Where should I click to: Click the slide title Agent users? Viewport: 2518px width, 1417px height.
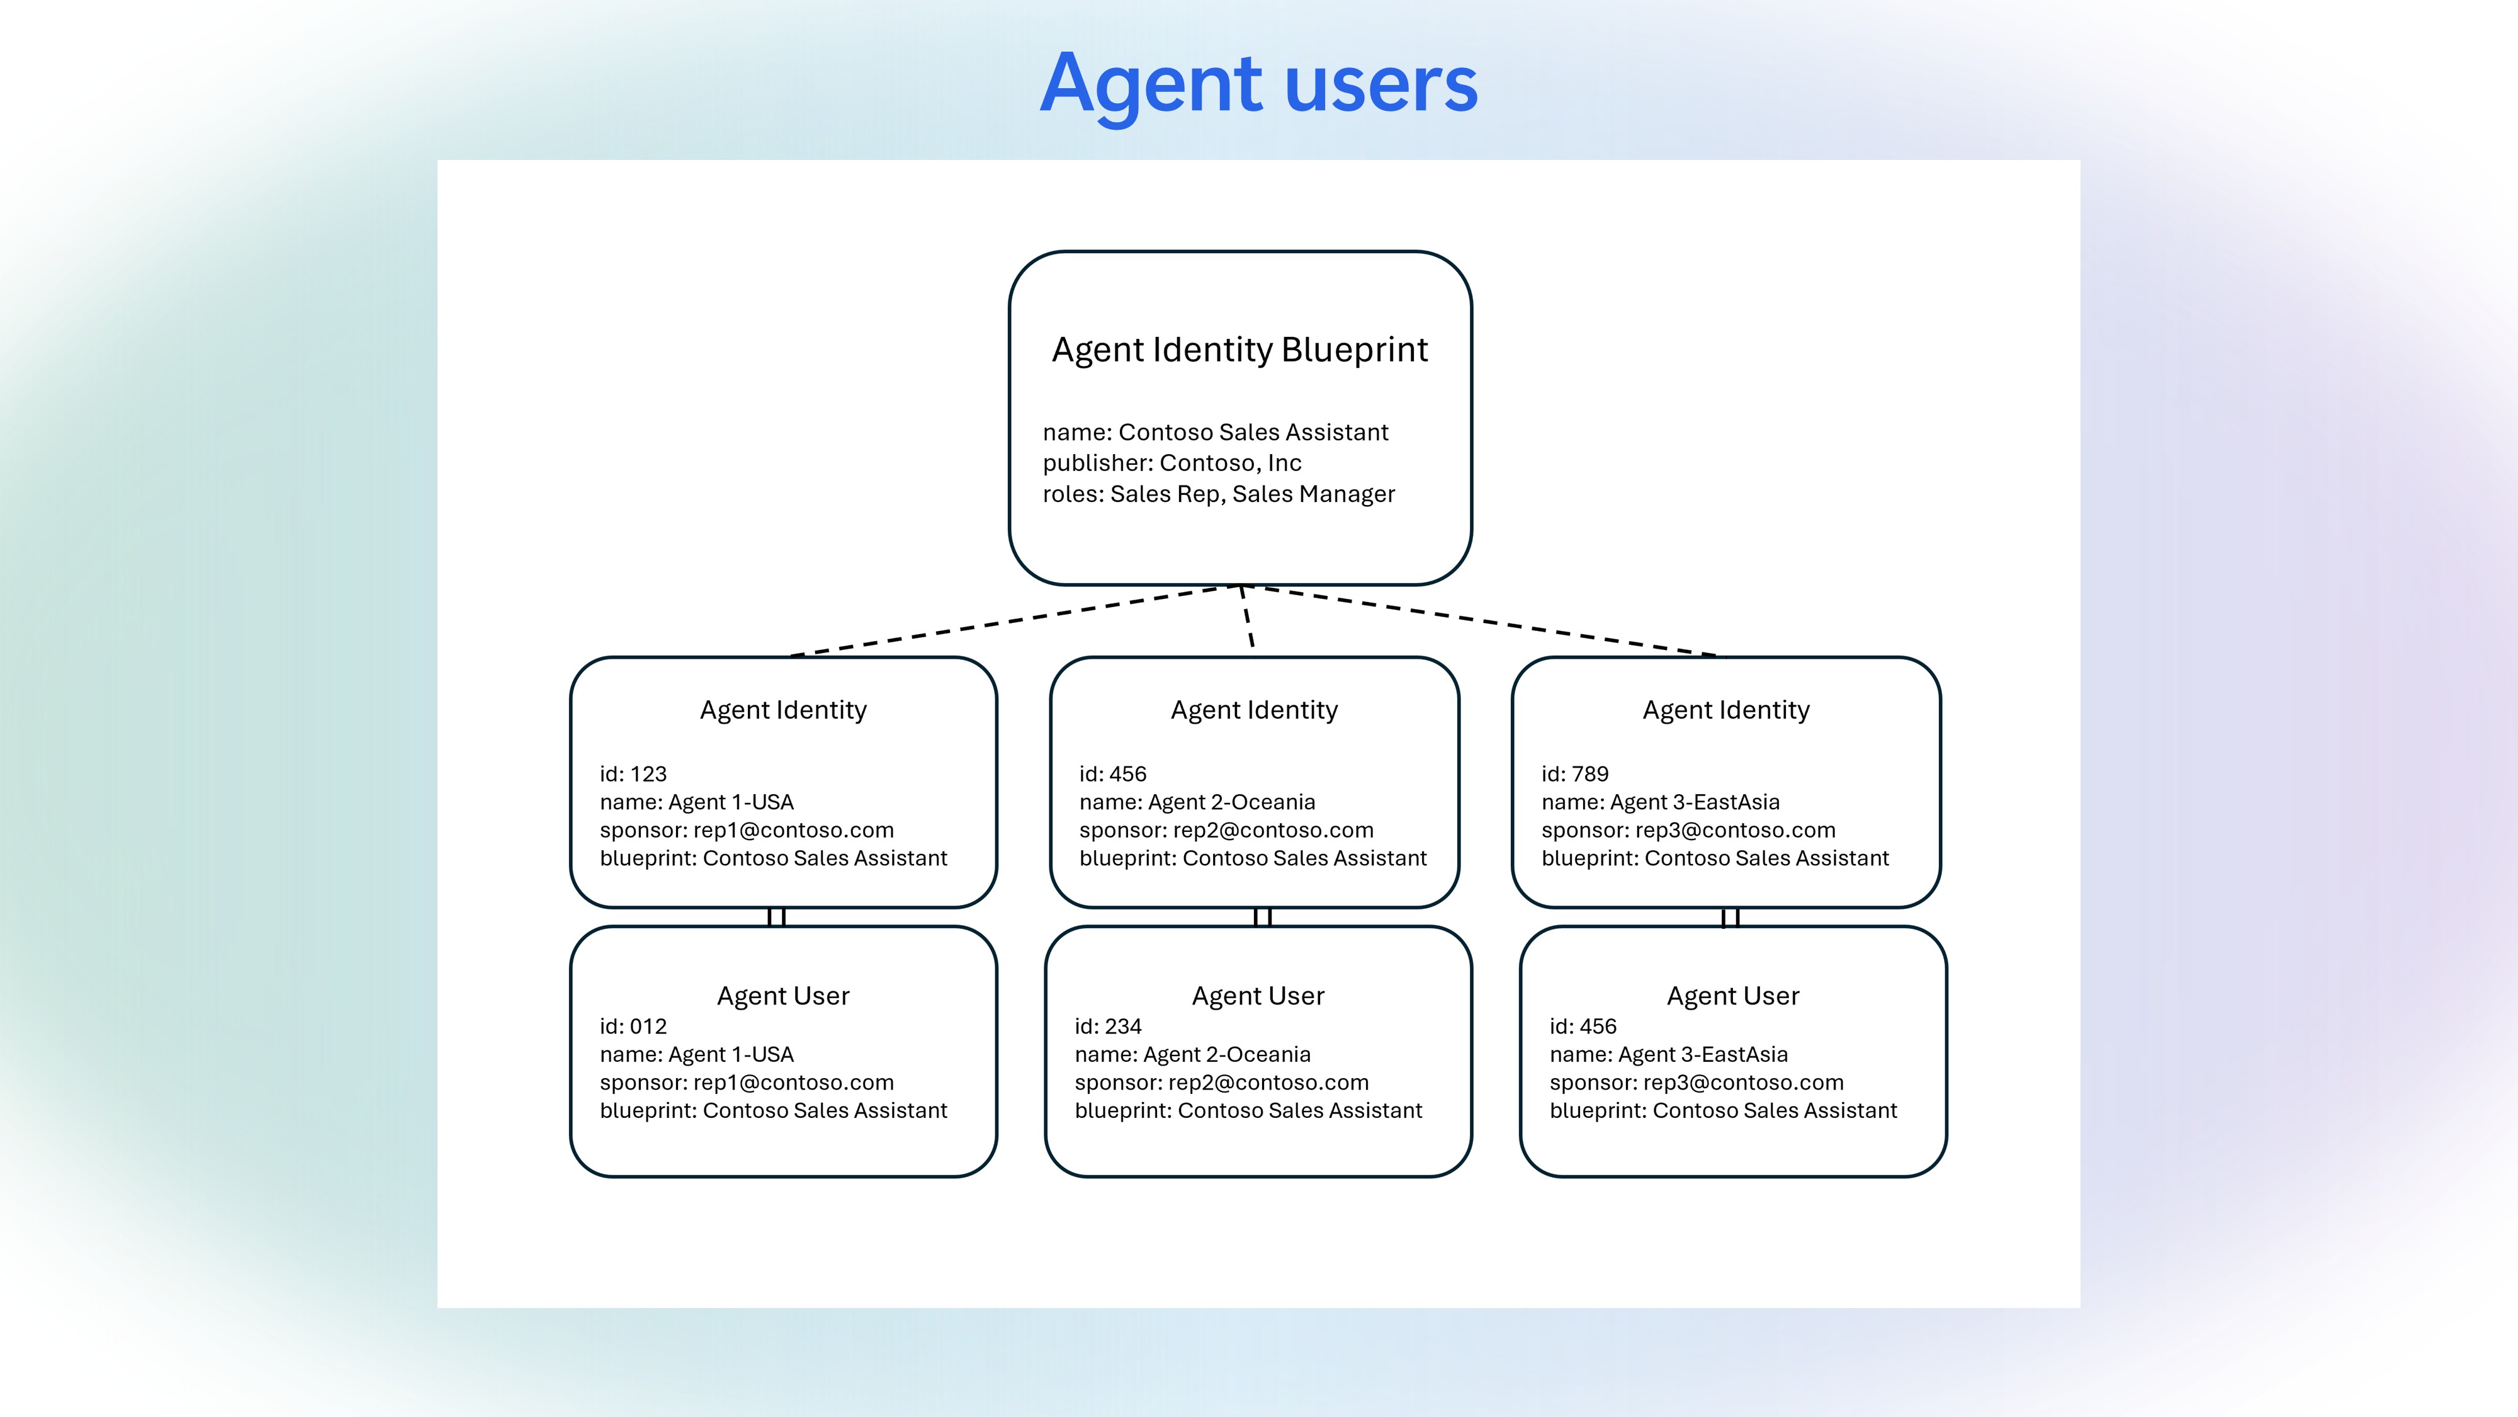click(x=1258, y=84)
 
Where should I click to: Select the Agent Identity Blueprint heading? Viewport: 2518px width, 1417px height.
click(x=1239, y=350)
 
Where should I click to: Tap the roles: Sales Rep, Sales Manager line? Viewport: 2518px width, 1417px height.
click(x=1218, y=494)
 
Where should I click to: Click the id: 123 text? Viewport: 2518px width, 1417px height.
click(x=633, y=775)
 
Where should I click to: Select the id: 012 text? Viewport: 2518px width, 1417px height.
click(x=633, y=1027)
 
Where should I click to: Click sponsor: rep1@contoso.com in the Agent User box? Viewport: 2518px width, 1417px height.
click(x=746, y=1083)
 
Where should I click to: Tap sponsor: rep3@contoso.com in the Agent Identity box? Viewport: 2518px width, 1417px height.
click(x=1688, y=830)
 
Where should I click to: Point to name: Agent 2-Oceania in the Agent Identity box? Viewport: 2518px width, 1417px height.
click(x=1197, y=802)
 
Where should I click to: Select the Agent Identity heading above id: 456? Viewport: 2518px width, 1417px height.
click(x=1254, y=710)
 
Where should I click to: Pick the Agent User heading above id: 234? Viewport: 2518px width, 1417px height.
click(x=1258, y=996)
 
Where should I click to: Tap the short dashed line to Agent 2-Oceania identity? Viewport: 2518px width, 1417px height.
click(x=1247, y=618)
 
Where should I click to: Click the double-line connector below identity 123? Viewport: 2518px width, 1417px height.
click(x=776, y=918)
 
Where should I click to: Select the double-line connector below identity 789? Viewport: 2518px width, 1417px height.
click(x=1729, y=918)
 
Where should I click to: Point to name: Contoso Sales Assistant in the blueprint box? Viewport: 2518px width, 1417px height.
click(x=1214, y=432)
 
